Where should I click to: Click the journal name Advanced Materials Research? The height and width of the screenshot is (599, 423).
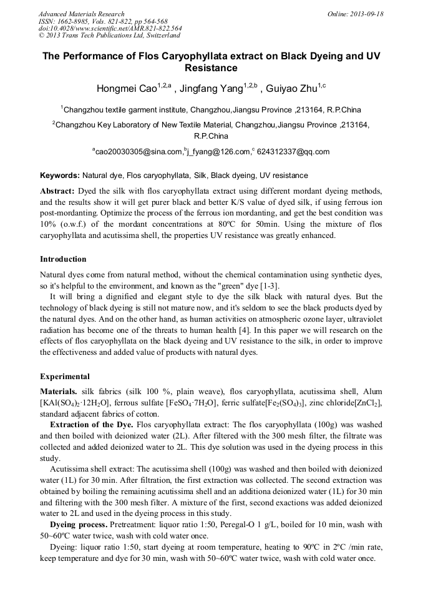81,14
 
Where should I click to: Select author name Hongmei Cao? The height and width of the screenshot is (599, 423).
125,88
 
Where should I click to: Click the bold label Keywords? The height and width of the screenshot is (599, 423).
60,176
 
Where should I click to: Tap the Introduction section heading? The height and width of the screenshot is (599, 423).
63,259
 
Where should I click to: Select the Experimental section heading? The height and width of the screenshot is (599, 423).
65,377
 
